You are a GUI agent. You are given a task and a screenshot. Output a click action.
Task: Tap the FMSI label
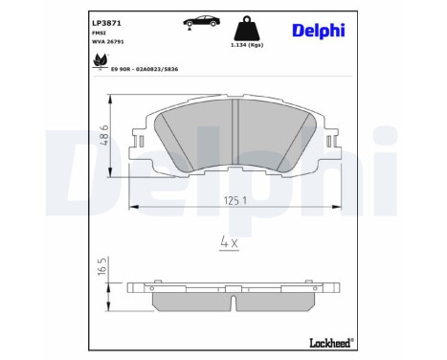coord(99,32)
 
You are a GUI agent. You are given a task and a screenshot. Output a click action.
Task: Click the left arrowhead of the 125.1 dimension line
coord(131,207)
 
